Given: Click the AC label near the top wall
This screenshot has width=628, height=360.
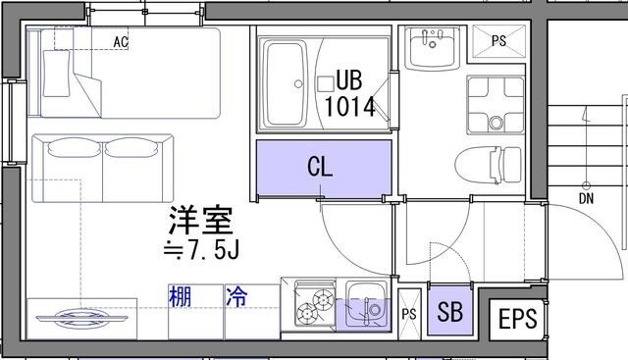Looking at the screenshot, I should point(122,42).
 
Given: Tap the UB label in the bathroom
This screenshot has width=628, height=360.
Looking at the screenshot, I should point(350,78).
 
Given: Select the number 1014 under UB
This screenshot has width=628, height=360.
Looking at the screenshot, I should point(350,105).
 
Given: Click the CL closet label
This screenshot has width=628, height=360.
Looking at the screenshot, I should point(320,166).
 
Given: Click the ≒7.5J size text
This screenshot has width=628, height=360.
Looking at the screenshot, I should point(200,252).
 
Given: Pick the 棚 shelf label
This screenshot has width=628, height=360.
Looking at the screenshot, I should point(179,295).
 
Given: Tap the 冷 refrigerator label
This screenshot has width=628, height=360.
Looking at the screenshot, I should point(236,295).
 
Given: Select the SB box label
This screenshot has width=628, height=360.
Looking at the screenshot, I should point(450,314).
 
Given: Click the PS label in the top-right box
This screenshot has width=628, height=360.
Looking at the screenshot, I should point(498,41).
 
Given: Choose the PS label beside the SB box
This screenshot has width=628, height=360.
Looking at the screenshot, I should point(409,314).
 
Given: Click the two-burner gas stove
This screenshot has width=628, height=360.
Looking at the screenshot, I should point(310,304).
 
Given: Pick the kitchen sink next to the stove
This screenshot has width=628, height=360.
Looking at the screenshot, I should point(364,303).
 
